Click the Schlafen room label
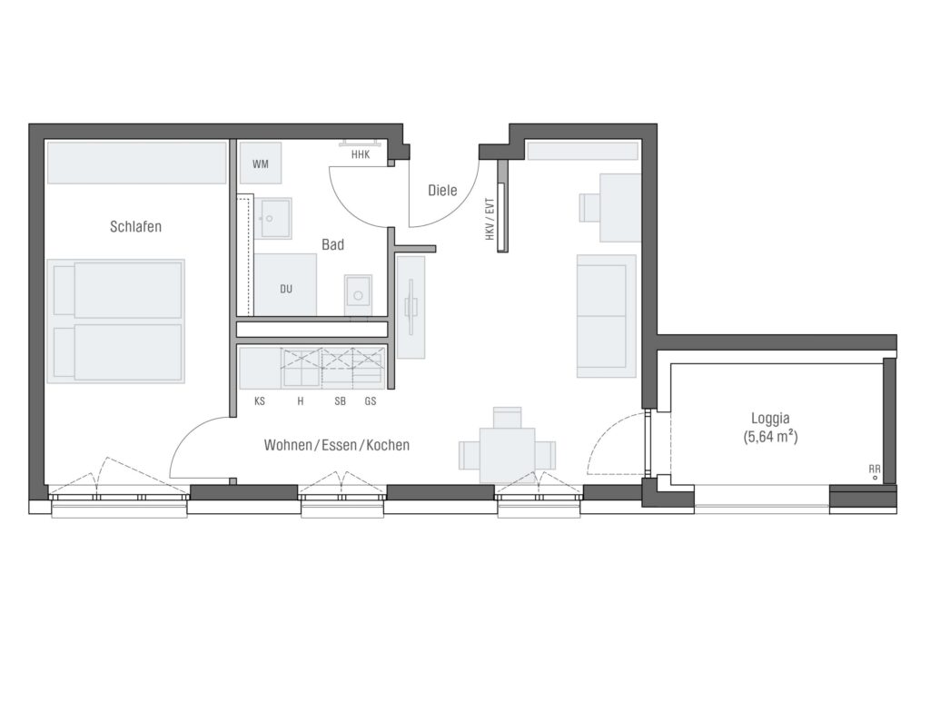136,227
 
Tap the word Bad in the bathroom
332,244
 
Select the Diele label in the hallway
442,191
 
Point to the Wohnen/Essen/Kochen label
337,445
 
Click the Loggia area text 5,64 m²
770,437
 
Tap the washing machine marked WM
261,163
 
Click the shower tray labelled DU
285,285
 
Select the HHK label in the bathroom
361,155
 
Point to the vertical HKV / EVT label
490,218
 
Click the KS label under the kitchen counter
259,401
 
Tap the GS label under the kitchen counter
371,401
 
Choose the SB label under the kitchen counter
340,401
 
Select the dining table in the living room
507,455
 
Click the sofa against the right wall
607,316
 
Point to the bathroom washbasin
272,218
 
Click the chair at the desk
590,208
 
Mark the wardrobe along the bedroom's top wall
136,163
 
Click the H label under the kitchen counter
301,401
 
